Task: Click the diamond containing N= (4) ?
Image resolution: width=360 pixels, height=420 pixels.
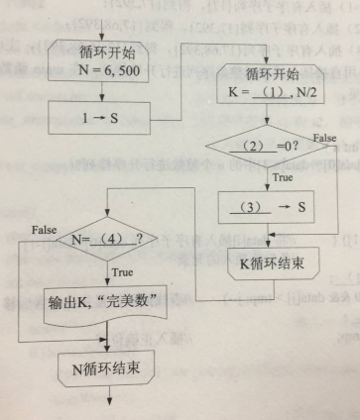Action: [x=109, y=239]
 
